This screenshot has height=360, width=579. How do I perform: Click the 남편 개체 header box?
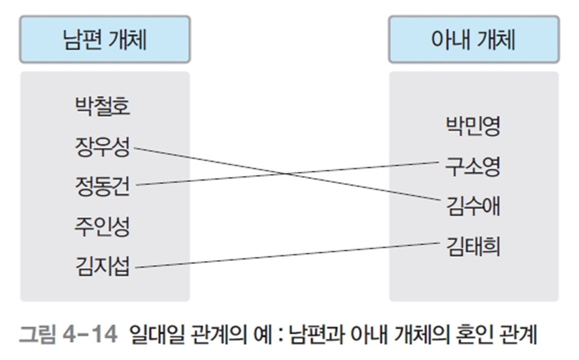104,40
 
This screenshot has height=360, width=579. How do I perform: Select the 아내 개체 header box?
473,40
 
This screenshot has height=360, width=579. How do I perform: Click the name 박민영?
473,127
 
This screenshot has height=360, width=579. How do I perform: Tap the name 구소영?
473,167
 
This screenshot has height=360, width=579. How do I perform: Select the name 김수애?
473,206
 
